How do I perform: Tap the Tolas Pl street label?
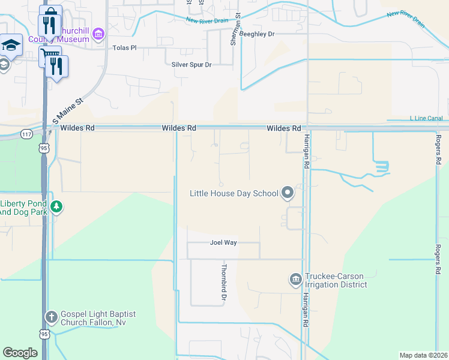tap(125, 47)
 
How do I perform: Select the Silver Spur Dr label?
tap(191, 64)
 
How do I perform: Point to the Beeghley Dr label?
tap(256, 34)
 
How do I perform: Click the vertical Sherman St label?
tap(237, 30)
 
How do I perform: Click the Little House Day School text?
tap(234, 193)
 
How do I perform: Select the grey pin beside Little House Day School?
tap(288, 193)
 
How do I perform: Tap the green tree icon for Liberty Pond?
tap(56, 207)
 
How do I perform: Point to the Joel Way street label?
tap(223, 243)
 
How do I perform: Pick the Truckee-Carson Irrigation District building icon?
tap(295, 279)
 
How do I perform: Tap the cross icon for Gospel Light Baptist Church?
tap(52, 317)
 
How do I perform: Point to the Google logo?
tap(20, 353)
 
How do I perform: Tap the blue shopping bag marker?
tap(52, 13)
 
